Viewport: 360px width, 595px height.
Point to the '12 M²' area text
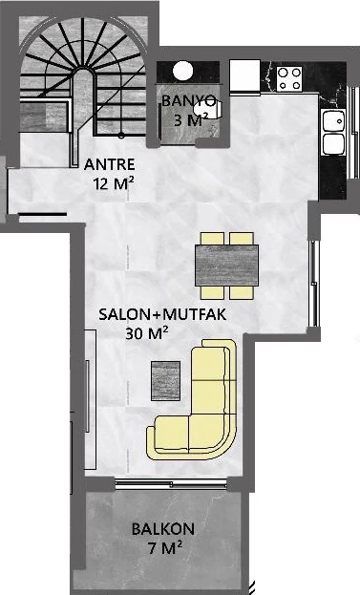click(x=113, y=181)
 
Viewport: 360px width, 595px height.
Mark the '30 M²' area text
click(x=147, y=332)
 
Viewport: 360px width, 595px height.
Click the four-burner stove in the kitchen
click(x=289, y=77)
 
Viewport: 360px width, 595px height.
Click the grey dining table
click(x=227, y=261)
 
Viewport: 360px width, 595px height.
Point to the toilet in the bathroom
click(x=216, y=109)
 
